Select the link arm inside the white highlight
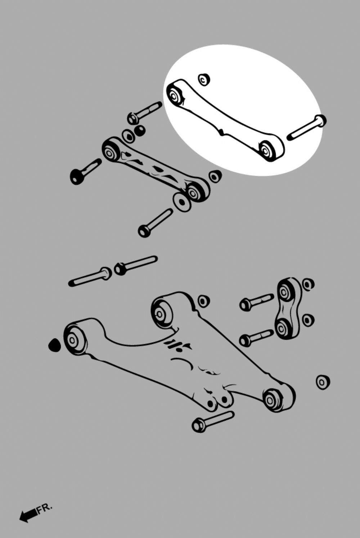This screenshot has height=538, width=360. tap(225, 120)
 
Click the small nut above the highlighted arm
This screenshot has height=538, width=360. tap(204, 79)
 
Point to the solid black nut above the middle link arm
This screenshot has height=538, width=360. tap(140, 130)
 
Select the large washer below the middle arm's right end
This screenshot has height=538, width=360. tap(182, 202)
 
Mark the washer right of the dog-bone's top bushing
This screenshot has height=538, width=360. tap(308, 285)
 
